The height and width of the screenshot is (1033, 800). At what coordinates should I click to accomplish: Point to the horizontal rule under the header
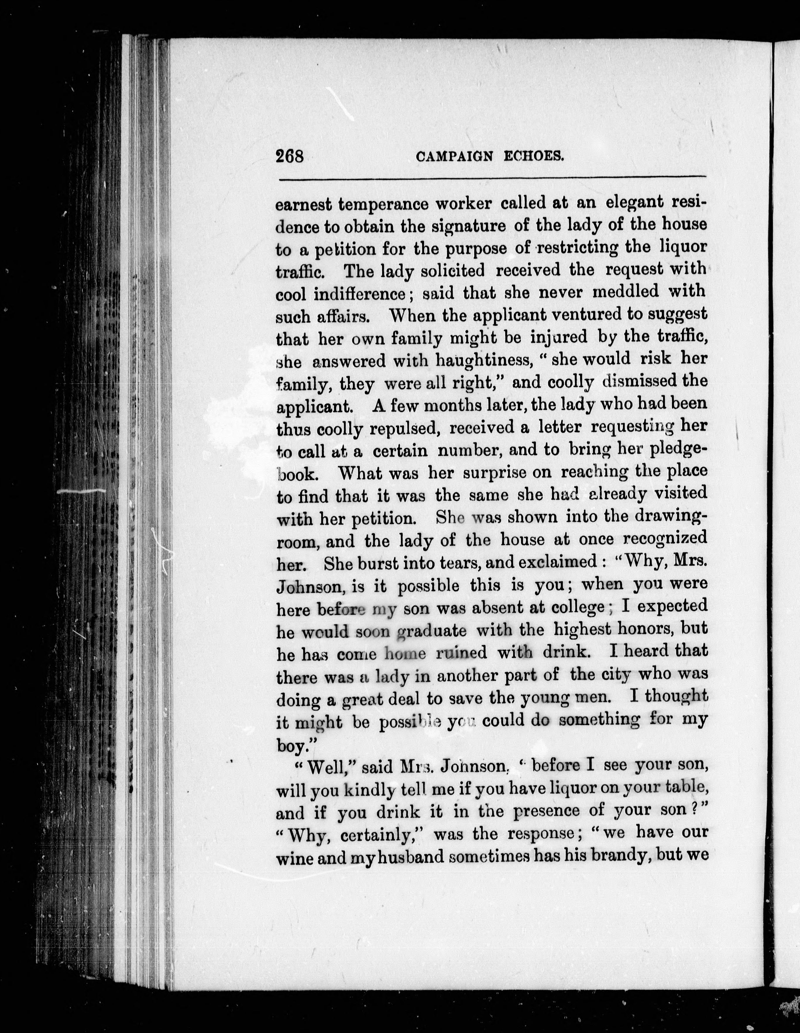(x=492, y=179)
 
